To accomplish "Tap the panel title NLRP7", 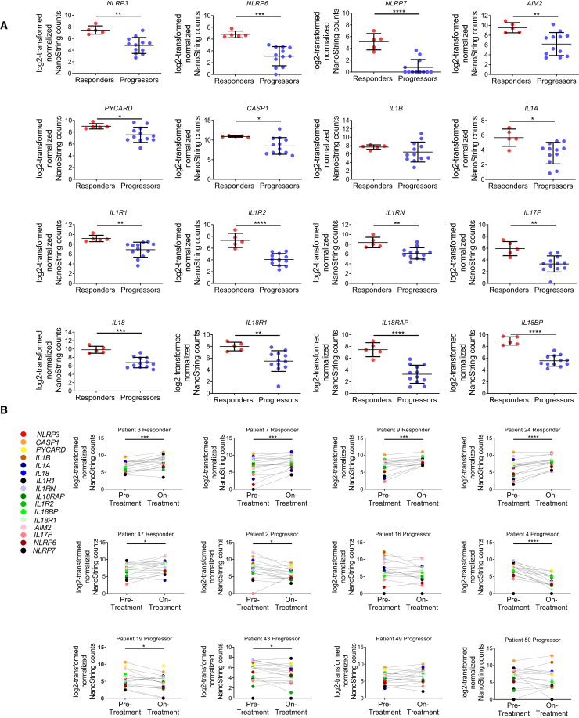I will click(x=381, y=5).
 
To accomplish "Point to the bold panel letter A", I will click(x=5, y=26).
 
